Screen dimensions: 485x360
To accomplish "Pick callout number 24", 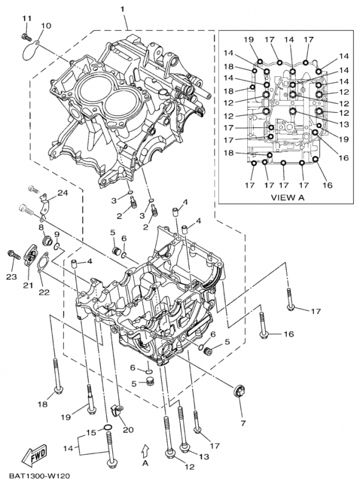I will pos(62,193).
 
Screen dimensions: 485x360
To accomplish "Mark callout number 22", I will pos(44,293).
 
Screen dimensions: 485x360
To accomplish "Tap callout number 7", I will pos(242,422).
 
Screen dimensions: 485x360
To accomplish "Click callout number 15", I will pos(91,432).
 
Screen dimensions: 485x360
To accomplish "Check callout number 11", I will pos(26,19).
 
